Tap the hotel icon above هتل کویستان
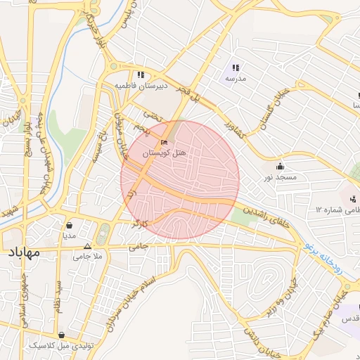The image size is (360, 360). [165, 142]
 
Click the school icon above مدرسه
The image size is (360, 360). [236, 68]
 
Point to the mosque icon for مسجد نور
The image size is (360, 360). [281, 167]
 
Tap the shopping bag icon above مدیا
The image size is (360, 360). [70, 226]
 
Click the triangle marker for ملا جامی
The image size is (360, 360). [87, 246]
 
